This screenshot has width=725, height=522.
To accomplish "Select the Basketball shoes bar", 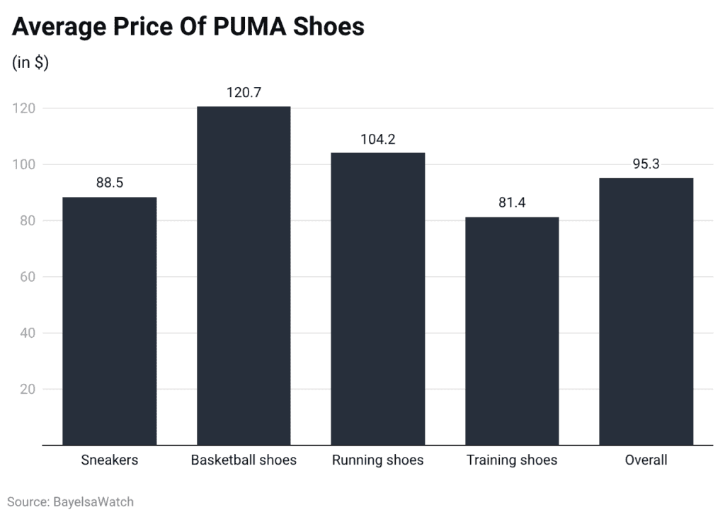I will coord(244,276).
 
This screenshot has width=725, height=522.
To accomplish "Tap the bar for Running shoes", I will coord(377,298).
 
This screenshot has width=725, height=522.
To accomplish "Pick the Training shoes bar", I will coord(512,331).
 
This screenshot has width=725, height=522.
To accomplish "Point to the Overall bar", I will coord(646,311).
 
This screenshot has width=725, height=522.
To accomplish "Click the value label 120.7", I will coord(244,93).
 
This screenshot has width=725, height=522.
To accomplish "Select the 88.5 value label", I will coord(110,183).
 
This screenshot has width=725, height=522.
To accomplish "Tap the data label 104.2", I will coord(377,139).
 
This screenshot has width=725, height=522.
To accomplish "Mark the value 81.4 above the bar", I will coord(512,203).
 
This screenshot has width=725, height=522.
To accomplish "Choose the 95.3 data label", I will coord(646,164).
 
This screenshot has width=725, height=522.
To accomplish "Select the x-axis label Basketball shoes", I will coord(244,460).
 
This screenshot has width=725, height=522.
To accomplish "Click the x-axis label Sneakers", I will coord(110,460).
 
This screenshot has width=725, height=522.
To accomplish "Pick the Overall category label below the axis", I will coord(646,460).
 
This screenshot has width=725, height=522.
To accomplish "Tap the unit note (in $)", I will coord(30,62).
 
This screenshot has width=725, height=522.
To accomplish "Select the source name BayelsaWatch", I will coord(93,501).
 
